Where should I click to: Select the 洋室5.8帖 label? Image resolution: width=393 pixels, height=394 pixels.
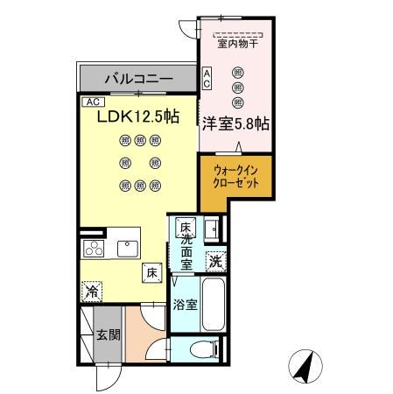point(235,123)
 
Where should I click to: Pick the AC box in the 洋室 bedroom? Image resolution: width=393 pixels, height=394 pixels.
point(207,78)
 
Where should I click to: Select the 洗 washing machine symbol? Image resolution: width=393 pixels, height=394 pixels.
point(215,259)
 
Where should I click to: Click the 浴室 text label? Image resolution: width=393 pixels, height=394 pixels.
point(183,306)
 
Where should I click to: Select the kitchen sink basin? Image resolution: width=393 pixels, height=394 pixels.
point(126,246)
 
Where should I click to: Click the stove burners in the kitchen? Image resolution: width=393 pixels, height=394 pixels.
point(94,247)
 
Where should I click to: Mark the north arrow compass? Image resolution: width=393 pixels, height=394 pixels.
point(303,366)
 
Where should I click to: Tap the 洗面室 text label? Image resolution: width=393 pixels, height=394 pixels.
point(186,248)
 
